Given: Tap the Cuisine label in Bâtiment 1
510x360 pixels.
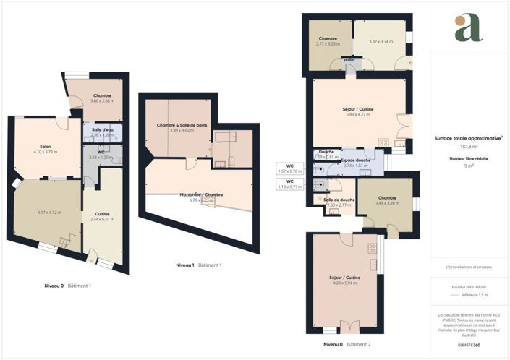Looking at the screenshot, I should click(102, 213).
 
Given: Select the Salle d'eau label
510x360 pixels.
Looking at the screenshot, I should click(101, 129).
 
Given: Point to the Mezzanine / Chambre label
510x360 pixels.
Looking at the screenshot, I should click(201, 195).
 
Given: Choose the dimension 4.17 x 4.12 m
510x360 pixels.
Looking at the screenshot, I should click(50, 213).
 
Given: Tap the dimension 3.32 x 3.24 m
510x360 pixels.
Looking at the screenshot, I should click(381, 42).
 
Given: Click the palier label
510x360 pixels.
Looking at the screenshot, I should click(349, 60).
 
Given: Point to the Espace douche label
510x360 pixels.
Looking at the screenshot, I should click(356, 160).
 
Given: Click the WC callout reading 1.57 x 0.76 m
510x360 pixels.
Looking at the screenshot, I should click(289, 171).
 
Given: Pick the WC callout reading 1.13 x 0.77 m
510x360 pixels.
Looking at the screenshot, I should click(289, 186).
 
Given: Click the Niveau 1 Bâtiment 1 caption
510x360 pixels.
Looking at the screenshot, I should click(199, 265).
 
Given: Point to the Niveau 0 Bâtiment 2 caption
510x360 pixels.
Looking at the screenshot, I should click(347, 345).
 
